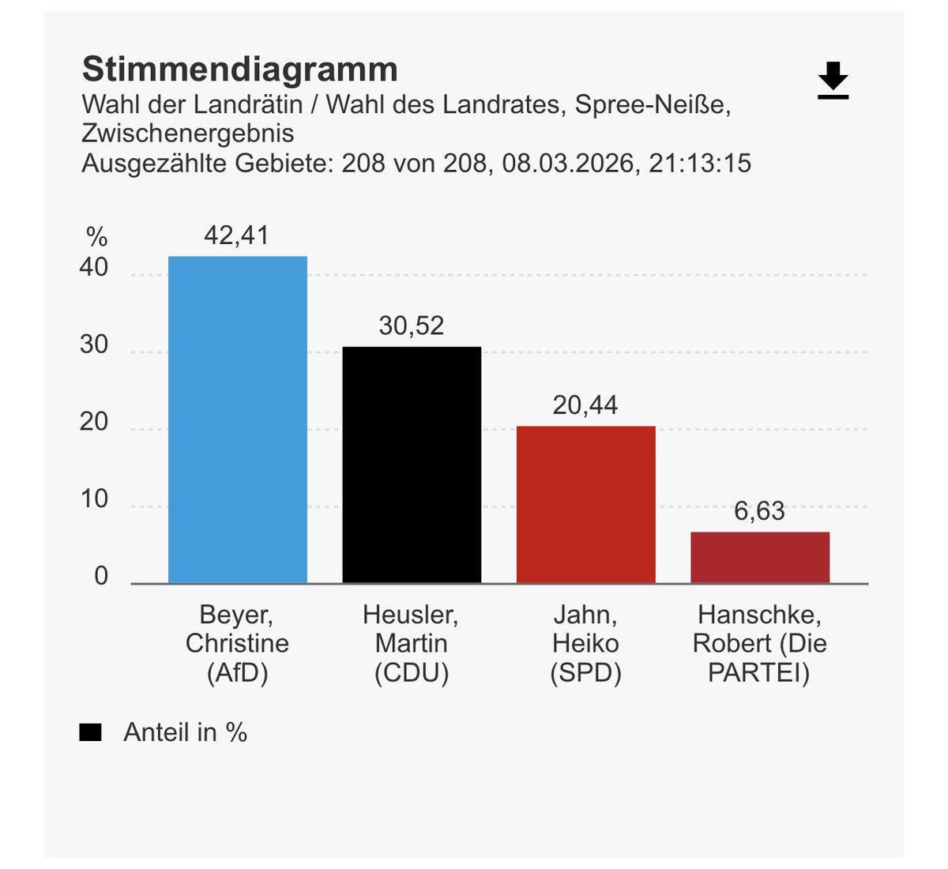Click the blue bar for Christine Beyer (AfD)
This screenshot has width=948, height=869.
point(237,419)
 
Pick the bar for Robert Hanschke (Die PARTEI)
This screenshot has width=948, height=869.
point(760,558)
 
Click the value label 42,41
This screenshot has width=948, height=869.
point(236,235)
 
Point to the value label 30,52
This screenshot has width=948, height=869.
point(412,325)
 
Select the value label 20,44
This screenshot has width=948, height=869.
point(585,405)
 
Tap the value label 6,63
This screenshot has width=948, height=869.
point(760,511)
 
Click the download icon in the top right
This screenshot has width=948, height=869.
point(833,81)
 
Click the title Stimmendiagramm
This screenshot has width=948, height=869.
point(240,70)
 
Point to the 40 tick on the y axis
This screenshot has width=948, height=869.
point(94,268)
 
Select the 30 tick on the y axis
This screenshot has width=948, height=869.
point(94,345)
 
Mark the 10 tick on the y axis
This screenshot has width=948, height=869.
point(94,499)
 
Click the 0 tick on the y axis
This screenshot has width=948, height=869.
point(101,576)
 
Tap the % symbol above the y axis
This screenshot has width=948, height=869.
point(96,236)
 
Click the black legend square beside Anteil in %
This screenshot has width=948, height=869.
point(91,733)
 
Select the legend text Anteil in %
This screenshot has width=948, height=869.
point(186,733)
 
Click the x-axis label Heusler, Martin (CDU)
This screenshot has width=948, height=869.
point(412,644)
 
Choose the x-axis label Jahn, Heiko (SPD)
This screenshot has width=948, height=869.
point(585,644)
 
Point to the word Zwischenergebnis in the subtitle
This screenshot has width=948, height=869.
point(188,133)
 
